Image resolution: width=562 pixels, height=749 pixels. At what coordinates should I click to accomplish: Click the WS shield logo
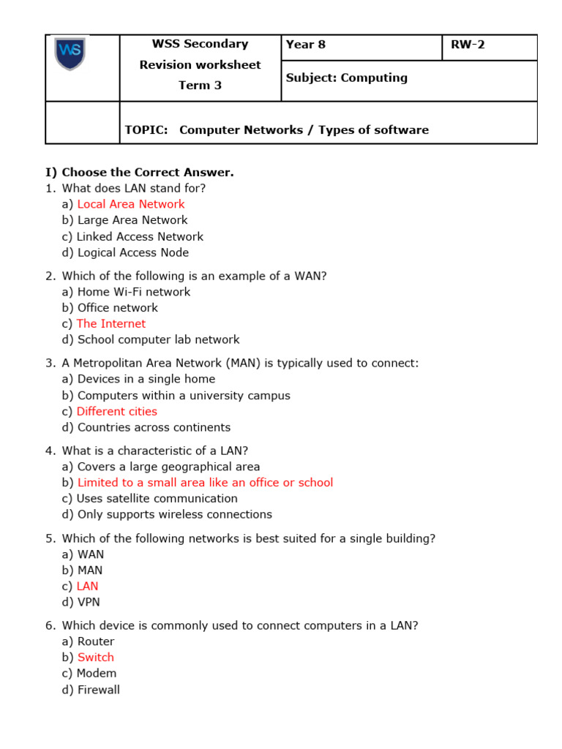[x=70, y=53]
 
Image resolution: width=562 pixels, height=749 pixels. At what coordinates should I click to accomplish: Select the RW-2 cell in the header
[x=468, y=45]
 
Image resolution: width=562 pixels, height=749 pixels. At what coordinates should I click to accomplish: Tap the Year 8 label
[x=306, y=45]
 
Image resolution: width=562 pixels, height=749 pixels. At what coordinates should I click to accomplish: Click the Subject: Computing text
[x=346, y=78]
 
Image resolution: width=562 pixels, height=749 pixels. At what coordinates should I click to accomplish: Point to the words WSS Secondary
[x=200, y=44]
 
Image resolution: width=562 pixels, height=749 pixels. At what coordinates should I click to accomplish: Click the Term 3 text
[x=200, y=85]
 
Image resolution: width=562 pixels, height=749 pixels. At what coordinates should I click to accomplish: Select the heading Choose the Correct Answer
[x=147, y=173]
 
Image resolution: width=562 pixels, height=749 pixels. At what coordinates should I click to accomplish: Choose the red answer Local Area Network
[x=131, y=204]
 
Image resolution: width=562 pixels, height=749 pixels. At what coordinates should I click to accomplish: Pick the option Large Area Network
[x=132, y=220]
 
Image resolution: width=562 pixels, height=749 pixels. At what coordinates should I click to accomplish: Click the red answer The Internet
[x=111, y=323]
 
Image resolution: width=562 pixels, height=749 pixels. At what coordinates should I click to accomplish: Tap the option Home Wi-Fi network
[x=134, y=292]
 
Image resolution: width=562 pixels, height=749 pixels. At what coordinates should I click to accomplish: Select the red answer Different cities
[x=117, y=411]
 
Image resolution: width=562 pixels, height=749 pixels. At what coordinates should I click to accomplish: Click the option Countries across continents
[x=154, y=427]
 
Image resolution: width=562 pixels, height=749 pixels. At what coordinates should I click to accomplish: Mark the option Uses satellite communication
[x=157, y=498]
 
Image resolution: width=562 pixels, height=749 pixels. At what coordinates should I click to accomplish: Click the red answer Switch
[x=96, y=657]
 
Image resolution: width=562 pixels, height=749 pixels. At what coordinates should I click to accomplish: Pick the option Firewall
[x=99, y=690]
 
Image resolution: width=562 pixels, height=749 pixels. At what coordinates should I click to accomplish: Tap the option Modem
[x=97, y=673]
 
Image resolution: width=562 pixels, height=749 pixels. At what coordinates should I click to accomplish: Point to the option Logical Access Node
[x=133, y=252]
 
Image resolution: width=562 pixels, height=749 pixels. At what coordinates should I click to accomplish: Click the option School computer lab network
[x=158, y=339]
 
